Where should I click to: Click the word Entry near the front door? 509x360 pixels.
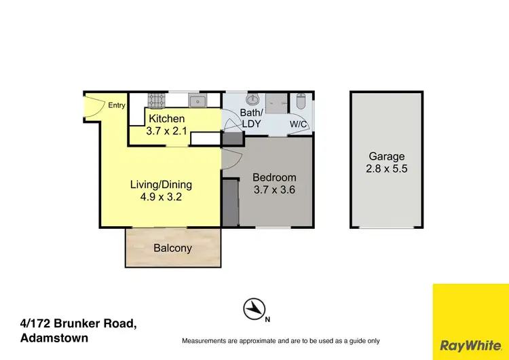(x=117, y=105)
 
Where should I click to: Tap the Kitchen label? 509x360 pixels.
(x=167, y=119)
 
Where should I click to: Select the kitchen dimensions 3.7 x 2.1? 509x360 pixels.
(x=167, y=131)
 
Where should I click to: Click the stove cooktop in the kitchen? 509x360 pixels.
(x=157, y=100)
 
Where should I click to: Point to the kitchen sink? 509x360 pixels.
(x=197, y=101)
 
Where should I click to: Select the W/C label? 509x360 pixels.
(x=298, y=124)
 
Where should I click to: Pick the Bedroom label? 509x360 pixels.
(x=274, y=178)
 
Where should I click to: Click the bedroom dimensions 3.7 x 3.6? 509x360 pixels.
(x=274, y=191)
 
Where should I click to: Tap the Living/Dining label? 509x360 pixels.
(x=162, y=184)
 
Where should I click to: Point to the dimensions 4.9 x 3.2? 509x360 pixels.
(x=162, y=198)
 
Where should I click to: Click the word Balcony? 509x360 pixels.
(x=172, y=248)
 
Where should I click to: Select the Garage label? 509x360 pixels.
(x=387, y=156)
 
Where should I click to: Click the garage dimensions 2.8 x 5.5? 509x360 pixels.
(x=387, y=169)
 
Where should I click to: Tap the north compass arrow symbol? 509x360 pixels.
(x=254, y=310)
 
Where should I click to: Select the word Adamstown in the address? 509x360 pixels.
(x=54, y=338)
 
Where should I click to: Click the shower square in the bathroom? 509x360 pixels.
(x=278, y=102)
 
